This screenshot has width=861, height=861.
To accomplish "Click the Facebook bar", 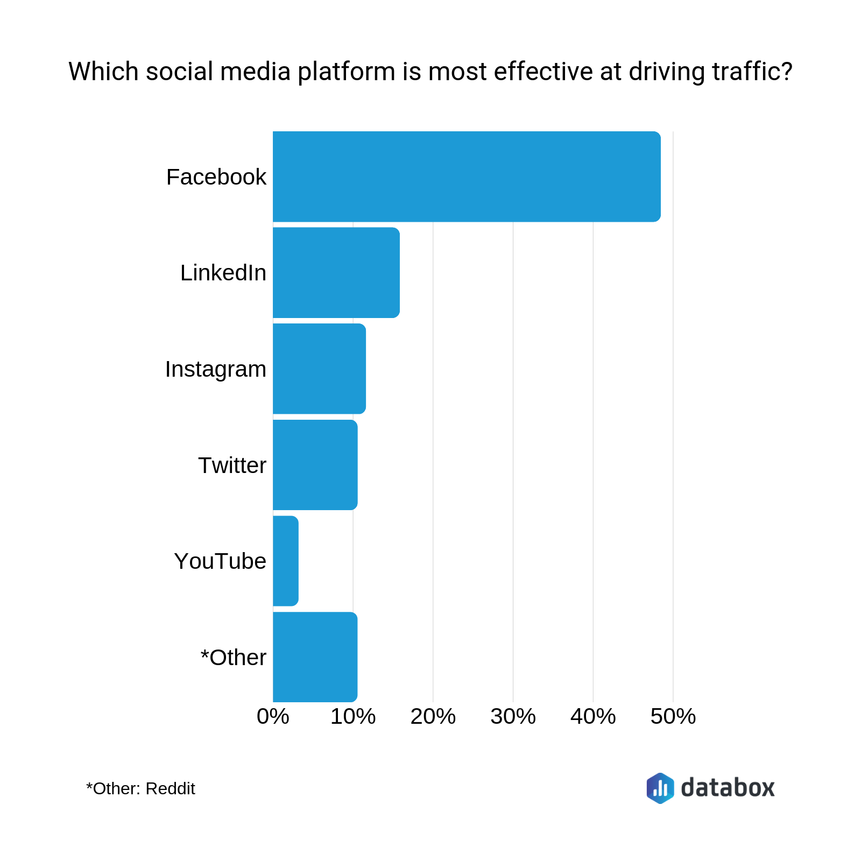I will coord(467,177).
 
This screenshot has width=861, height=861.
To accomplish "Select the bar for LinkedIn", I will coord(336,272).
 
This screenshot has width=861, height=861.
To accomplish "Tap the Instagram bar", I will coord(319,369).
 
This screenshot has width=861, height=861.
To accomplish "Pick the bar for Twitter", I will coord(315,465).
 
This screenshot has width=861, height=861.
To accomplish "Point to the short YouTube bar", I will coord(285,561).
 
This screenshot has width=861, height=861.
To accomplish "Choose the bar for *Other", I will coord(315,657).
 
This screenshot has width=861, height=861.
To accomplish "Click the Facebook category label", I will coord(216,177).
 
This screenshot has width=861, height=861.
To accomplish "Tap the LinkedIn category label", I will coord(223,273).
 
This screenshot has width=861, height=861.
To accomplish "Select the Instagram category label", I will coord(215,369).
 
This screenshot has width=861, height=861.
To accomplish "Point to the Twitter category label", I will coord(232,465).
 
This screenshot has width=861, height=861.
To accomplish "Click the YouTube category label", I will coord(220,561).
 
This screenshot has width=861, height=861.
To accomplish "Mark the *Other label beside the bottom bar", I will coord(233,658).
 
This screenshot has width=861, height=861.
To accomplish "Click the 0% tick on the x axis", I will coord(273,717).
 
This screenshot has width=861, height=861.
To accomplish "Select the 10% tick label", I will coord(353,717).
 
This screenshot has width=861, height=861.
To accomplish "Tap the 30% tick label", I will coord(513,717).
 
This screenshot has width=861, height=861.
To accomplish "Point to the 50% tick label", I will coord(673,717).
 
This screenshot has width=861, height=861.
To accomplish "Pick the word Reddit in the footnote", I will coord(170,789).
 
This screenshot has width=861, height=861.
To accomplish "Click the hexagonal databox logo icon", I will coord(660,788).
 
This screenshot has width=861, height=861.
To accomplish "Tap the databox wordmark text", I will coord(728,788).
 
